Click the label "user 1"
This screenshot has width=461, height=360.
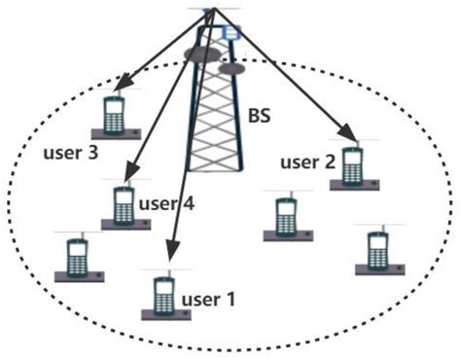(203, 300)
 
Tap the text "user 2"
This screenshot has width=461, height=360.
(307, 162)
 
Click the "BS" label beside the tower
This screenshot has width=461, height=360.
(259, 118)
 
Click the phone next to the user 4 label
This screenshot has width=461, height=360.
(123, 205)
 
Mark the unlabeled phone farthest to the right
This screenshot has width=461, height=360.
(376, 249)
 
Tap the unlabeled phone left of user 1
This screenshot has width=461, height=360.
(76, 259)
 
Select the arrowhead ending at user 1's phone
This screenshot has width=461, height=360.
(168, 261)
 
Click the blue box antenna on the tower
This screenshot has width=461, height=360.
(231, 34)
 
